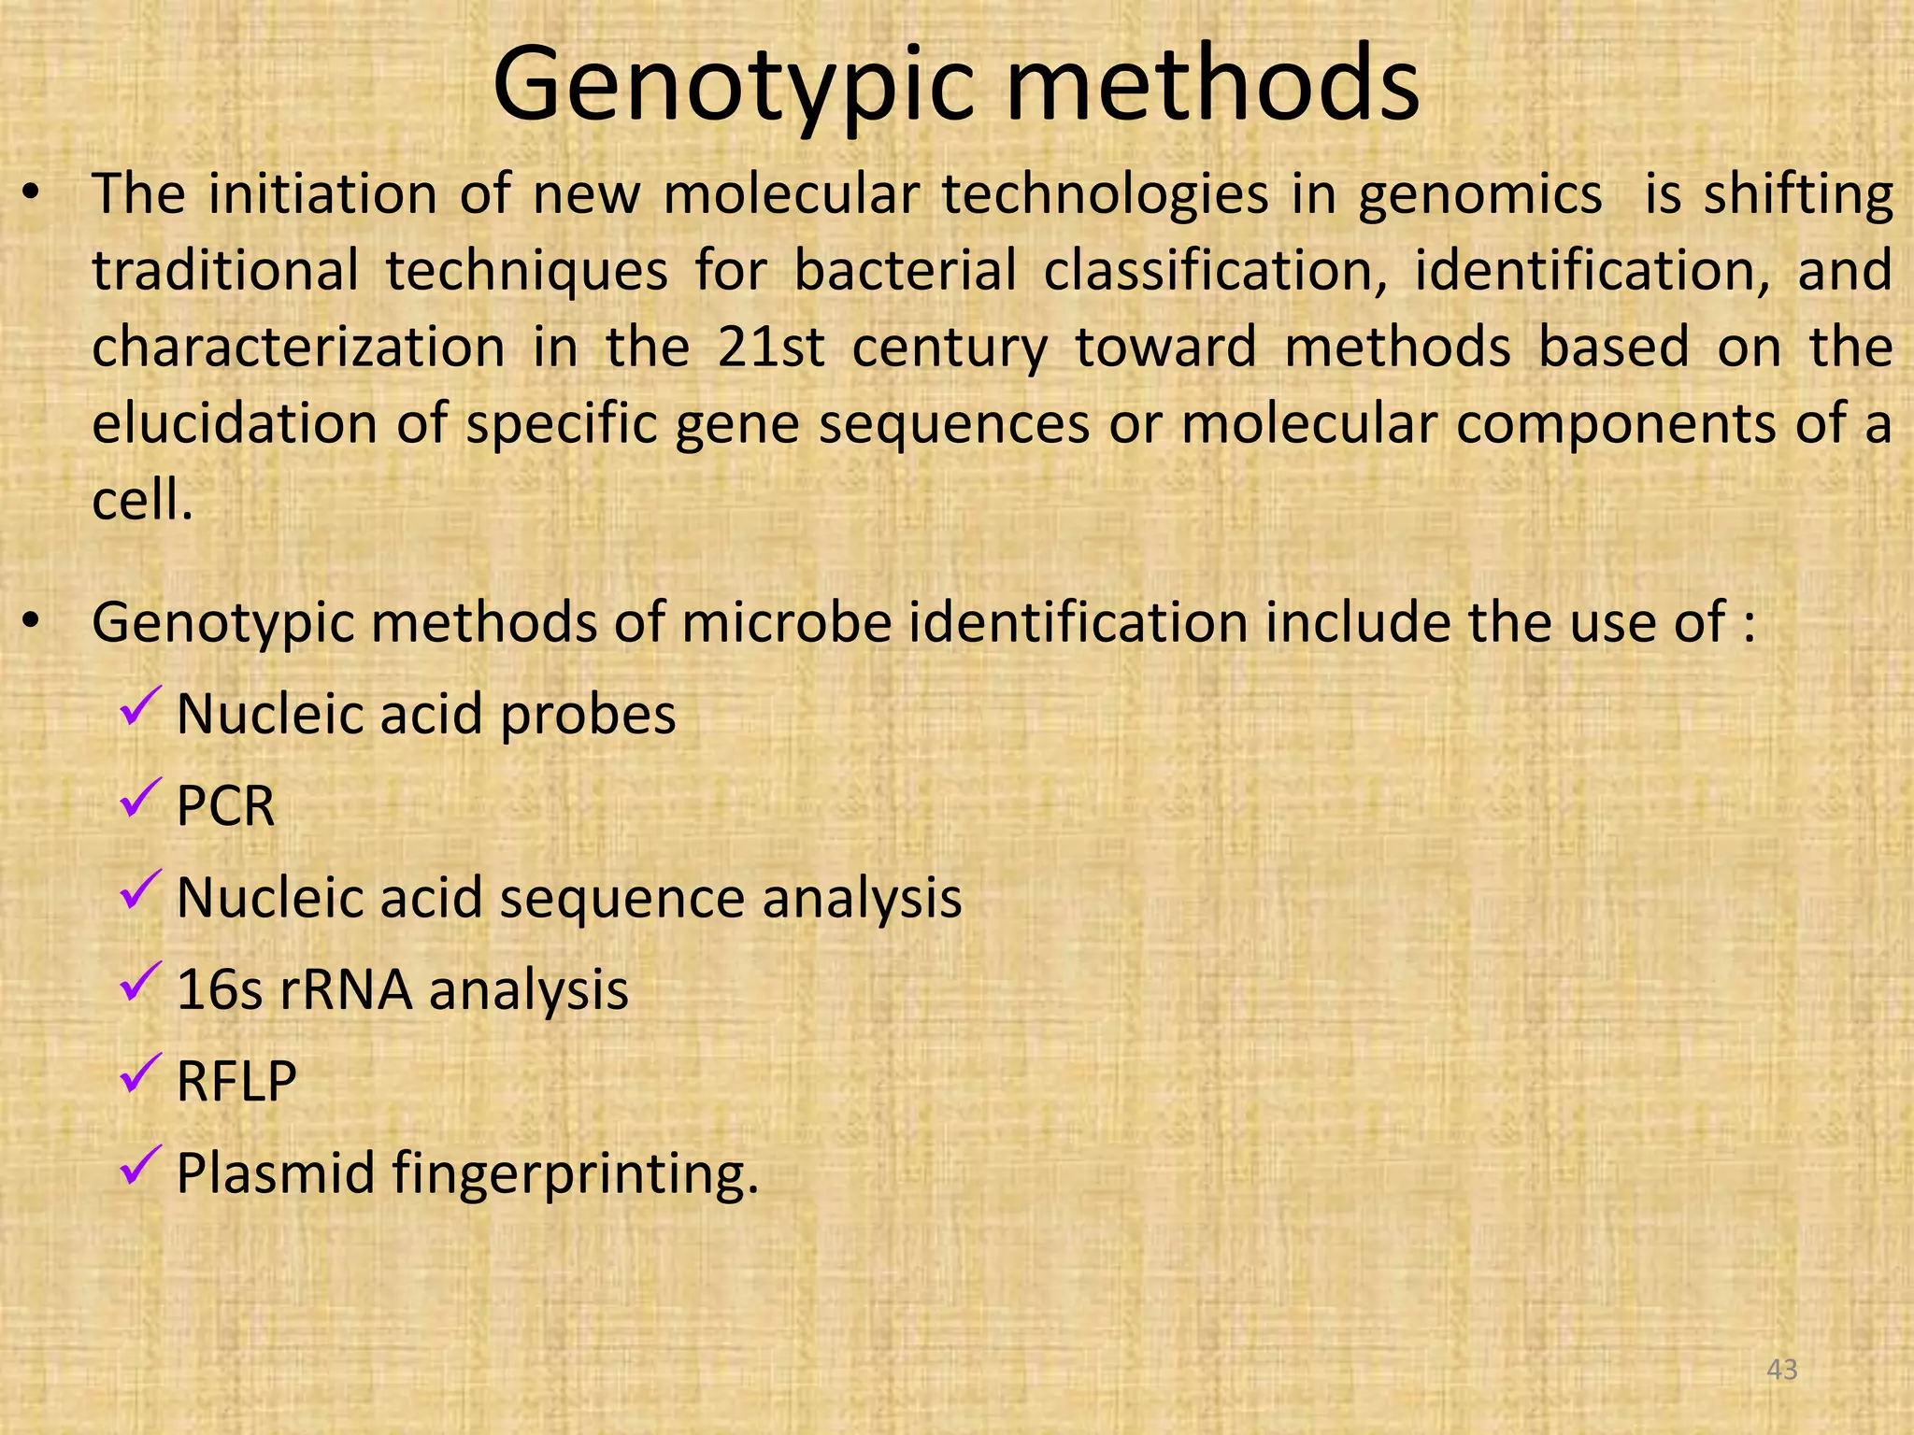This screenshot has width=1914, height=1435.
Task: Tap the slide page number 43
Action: click(x=1783, y=1370)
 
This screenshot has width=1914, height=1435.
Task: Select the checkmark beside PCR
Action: click(x=142, y=799)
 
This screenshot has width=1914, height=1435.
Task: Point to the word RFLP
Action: click(x=236, y=1082)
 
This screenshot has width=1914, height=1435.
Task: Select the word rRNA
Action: click(x=346, y=990)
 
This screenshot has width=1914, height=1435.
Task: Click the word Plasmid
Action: click(x=276, y=1173)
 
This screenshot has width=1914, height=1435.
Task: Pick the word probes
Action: click(x=587, y=716)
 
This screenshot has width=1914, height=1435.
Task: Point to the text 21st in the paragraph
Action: click(x=771, y=348)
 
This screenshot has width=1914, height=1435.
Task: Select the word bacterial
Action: click(x=905, y=271)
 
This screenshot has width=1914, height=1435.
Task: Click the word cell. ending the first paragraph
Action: click(x=142, y=501)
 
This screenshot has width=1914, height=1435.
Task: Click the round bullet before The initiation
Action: click(x=32, y=194)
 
